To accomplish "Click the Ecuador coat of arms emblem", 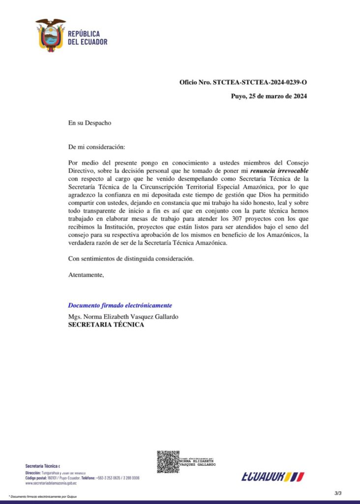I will [x=51, y=35].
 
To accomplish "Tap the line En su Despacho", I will [x=90, y=123].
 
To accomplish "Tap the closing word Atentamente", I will [x=86, y=275].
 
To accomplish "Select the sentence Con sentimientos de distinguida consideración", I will [x=131, y=259].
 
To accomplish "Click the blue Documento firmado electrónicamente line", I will [x=120, y=305].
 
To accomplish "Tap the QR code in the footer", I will [x=168, y=462].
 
